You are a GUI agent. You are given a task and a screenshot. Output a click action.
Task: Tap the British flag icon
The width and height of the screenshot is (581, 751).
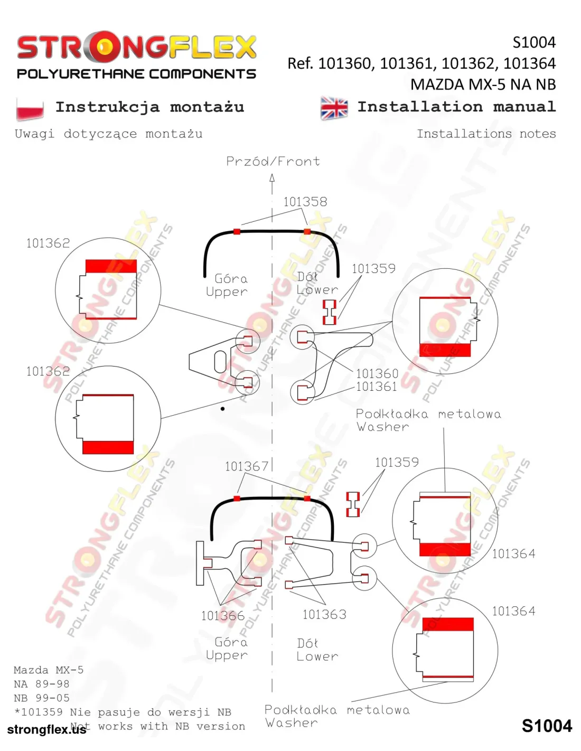point(333,108)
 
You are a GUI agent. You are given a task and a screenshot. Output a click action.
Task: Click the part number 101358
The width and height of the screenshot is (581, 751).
point(305,202)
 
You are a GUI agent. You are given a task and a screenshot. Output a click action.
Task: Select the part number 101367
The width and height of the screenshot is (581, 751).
point(247,466)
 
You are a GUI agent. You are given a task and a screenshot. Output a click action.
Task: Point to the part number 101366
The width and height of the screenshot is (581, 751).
point(222,615)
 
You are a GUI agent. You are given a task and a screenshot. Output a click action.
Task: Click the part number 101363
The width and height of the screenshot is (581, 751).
point(324,614)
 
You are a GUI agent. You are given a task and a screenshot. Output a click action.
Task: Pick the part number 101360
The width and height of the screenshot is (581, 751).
point(377,373)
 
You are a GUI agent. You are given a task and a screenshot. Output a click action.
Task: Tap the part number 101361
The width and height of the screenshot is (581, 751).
point(377,387)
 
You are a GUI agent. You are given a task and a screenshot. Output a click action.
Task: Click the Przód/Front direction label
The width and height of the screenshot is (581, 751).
point(273,162)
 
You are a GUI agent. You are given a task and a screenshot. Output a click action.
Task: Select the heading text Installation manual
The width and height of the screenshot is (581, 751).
point(456,107)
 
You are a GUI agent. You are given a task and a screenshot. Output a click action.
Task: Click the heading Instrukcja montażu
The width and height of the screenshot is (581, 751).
point(149,107)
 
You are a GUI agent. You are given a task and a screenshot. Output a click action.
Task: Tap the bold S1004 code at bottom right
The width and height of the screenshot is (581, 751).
point(547,726)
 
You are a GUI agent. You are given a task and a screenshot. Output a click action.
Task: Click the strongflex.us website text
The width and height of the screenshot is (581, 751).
point(46,729)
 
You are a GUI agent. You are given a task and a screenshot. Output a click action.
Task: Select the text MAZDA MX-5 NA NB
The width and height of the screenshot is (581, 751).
point(483,85)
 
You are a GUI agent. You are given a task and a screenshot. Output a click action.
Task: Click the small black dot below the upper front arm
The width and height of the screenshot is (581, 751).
point(222,409)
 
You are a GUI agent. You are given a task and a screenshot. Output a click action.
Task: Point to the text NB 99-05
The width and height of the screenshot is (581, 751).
point(42,698)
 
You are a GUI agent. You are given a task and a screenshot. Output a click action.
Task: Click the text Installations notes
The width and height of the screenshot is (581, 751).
point(486,134)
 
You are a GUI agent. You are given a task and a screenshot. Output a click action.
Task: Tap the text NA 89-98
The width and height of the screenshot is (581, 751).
point(42,683)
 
